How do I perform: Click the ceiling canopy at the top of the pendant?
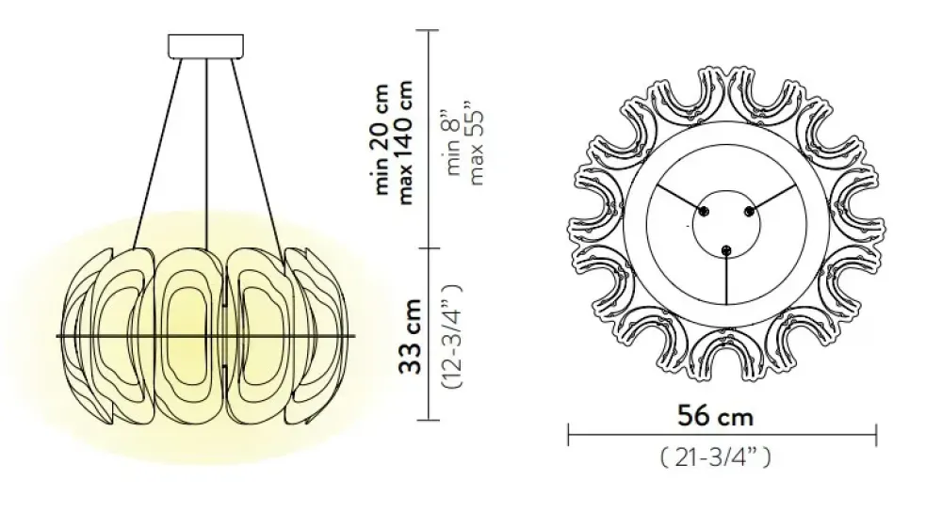point(205,46)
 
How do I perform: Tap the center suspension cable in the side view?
point(206,151)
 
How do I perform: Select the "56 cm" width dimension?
point(716,414)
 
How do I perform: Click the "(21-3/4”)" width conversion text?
point(716,458)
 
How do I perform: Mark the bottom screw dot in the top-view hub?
point(724,248)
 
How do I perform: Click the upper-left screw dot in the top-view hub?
point(702,209)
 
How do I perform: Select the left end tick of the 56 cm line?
point(568,434)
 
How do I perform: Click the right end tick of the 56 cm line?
point(876,434)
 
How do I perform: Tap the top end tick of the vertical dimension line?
point(430,31)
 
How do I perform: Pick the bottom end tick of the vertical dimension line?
point(430,419)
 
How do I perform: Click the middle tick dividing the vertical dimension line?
point(430,248)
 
